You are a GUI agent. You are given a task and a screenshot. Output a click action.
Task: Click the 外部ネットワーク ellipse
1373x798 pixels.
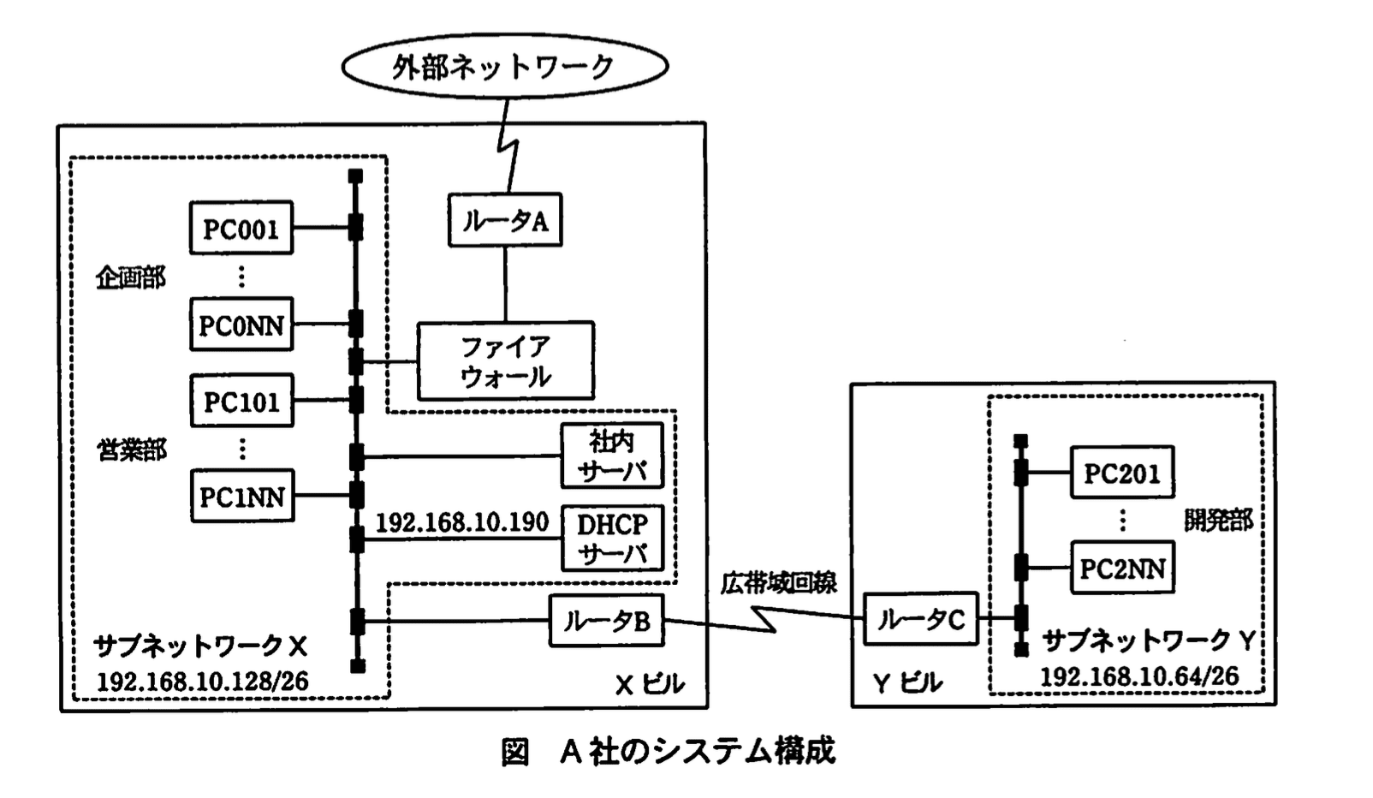(504, 66)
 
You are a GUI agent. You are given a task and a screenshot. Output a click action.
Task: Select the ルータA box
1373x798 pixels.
(505, 222)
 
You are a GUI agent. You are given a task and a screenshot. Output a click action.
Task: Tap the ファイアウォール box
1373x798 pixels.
(505, 360)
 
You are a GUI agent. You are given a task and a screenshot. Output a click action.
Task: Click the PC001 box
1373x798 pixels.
(241, 229)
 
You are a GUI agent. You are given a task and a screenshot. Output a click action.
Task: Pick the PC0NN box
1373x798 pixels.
(241, 325)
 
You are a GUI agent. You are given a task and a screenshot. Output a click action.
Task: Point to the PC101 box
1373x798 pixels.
(241, 401)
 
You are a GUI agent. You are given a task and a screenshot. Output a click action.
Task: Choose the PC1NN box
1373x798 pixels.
(241, 496)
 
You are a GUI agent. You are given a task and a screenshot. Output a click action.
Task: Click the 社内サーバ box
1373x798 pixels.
(612, 456)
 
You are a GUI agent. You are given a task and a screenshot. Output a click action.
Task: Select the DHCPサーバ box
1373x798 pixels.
(612, 539)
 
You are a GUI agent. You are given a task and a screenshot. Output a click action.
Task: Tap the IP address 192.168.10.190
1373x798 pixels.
(461, 522)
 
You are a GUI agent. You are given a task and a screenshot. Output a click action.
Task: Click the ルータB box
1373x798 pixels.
(606, 621)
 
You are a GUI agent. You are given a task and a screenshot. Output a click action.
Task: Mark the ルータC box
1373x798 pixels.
(921, 618)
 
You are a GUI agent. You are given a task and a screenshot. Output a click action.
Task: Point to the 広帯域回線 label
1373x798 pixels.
(778, 583)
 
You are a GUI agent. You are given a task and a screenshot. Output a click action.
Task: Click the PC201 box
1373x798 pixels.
(1121, 473)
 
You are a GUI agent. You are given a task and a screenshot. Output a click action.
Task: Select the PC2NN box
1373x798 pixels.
(1121, 568)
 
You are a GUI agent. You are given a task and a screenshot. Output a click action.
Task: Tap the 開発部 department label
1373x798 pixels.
(1217, 520)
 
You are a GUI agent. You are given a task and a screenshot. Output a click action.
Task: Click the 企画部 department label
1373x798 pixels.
(130, 277)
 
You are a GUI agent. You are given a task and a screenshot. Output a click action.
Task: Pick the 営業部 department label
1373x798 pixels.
(131, 450)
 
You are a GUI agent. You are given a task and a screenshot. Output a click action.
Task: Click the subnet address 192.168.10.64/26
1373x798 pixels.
(1138, 676)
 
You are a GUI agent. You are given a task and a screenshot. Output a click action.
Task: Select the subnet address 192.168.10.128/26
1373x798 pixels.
(202, 682)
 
